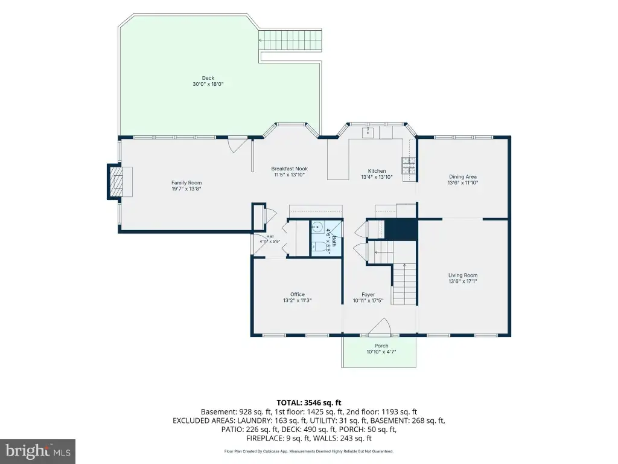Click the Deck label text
208,78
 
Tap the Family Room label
186,182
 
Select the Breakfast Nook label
289,169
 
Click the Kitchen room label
377,171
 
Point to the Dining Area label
463,177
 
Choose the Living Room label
463,275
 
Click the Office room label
298,294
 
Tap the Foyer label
368,294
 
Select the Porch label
381,346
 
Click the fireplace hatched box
116,181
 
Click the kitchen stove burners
409,166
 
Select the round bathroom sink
317,227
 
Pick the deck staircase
290,40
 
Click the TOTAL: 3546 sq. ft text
309,403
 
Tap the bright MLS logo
38,451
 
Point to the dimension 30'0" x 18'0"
208,84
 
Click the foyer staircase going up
404,284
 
